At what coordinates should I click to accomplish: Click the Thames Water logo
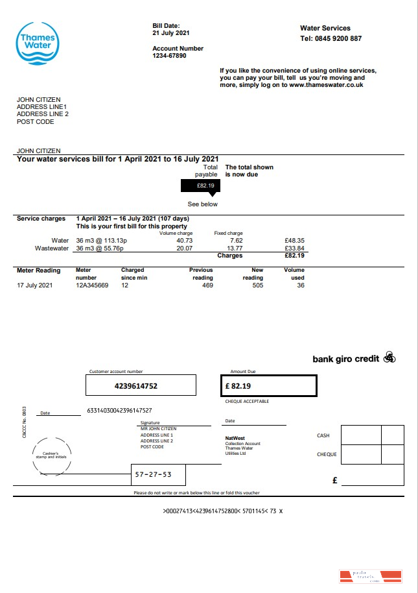tap(38, 43)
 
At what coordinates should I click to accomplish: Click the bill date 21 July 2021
tap(171, 32)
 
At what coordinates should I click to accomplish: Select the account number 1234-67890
tap(169, 56)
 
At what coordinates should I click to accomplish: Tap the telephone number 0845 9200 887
tap(338, 38)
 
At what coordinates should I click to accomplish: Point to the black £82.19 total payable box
tap(201, 186)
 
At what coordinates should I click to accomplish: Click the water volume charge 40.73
tap(184, 240)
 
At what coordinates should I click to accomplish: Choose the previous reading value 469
tap(207, 285)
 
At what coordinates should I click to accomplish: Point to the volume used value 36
tap(300, 285)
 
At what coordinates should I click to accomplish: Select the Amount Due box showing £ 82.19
tap(268, 385)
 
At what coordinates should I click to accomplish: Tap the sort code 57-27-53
tap(153, 474)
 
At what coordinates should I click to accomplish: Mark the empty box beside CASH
tap(360, 435)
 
